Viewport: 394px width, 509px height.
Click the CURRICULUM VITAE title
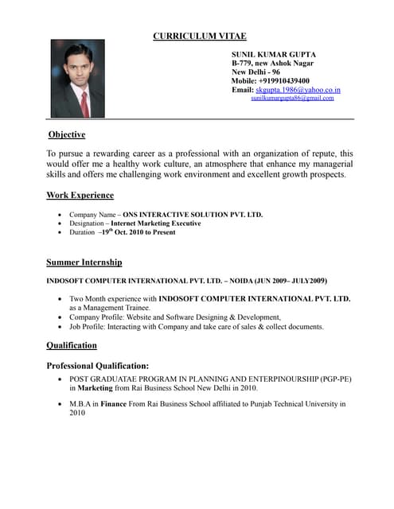(x=200, y=36)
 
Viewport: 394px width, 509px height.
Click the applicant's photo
(x=78, y=79)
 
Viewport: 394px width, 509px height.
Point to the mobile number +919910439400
(x=284, y=81)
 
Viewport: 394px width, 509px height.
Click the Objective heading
(x=67, y=134)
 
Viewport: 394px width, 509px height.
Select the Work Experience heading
(x=80, y=195)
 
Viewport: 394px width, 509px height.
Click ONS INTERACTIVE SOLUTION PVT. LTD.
(x=193, y=215)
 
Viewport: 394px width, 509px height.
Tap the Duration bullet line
(x=123, y=232)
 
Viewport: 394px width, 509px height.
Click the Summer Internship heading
(x=84, y=262)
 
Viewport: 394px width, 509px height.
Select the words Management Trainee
(x=115, y=307)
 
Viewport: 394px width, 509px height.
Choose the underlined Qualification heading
(x=72, y=345)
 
